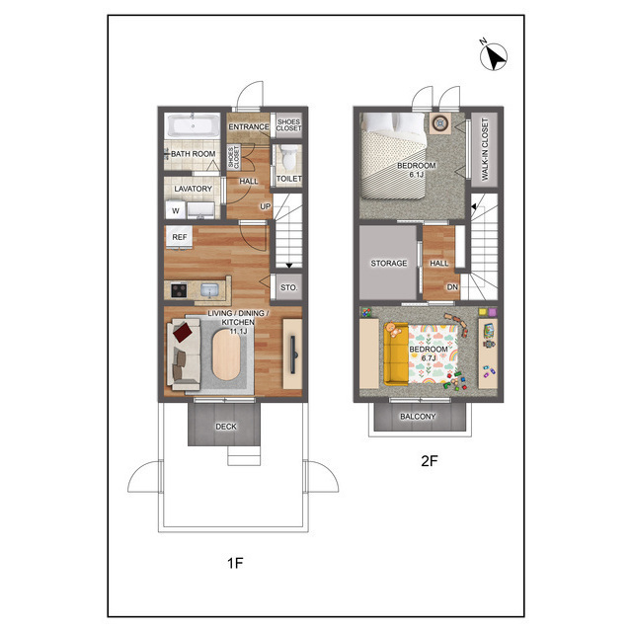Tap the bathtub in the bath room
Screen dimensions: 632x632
[x=194, y=125]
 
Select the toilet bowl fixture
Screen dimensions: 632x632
[x=289, y=158]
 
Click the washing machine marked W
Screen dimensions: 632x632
[x=176, y=210]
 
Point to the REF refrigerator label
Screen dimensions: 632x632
[x=180, y=237]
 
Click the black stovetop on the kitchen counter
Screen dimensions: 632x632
[x=179, y=290]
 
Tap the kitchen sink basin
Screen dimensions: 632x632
[x=209, y=290]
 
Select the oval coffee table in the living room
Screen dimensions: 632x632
[x=226, y=355]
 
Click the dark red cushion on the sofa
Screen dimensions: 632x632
[x=183, y=332]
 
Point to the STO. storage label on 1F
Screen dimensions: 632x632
[x=289, y=287]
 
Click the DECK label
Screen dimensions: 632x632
[x=226, y=427]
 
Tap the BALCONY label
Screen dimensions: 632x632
[x=418, y=417]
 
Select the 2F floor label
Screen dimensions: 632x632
[x=430, y=461]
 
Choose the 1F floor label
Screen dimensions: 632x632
[x=235, y=563]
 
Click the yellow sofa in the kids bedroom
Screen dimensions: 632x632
[x=395, y=354]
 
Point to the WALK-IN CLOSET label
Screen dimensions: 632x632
[x=485, y=149]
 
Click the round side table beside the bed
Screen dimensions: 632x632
[x=439, y=123]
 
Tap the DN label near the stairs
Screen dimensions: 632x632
[x=452, y=287]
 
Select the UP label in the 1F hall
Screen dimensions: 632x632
[x=265, y=206]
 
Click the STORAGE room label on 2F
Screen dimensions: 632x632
[x=388, y=264]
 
